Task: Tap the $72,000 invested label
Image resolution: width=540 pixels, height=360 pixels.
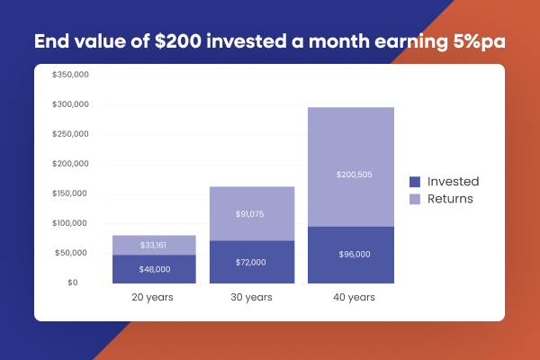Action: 238,262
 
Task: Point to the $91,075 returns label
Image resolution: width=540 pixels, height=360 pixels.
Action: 238,214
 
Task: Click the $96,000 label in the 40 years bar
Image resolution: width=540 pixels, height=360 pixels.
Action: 351,255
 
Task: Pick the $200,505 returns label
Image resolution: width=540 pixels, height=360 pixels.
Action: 351,175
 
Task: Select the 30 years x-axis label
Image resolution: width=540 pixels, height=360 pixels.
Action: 238,297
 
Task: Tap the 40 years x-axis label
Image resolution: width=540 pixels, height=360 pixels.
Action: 351,297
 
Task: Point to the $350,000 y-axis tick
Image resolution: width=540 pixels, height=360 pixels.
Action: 69,76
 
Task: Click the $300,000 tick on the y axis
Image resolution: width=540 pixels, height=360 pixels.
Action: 69,105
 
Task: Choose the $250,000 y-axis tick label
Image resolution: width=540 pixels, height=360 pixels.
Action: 69,135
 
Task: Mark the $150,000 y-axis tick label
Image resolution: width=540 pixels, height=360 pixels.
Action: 69,194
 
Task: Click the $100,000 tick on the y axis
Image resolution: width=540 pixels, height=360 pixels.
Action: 69,224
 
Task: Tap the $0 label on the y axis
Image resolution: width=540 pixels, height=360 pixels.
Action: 83,283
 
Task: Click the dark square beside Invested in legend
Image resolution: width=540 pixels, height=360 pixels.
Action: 415,181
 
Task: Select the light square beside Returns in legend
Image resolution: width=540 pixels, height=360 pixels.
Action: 415,198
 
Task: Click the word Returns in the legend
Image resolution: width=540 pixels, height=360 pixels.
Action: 451,198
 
